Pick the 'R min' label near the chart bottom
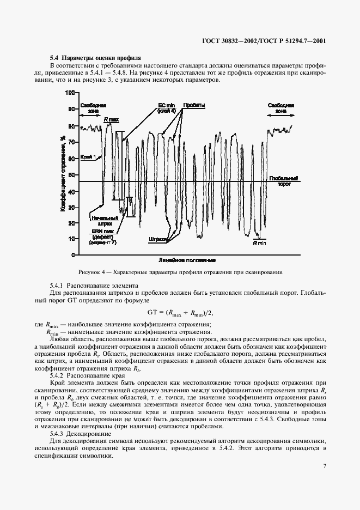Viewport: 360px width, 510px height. (258, 245)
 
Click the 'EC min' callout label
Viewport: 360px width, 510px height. (167, 106)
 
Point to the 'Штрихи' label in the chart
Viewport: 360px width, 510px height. (156, 239)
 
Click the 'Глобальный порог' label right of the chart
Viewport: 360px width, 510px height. (283, 181)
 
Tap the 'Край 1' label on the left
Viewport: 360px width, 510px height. (88, 157)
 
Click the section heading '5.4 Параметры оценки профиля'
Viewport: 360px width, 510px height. (95, 57)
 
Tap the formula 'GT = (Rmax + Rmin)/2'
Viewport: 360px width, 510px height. (179, 312)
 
